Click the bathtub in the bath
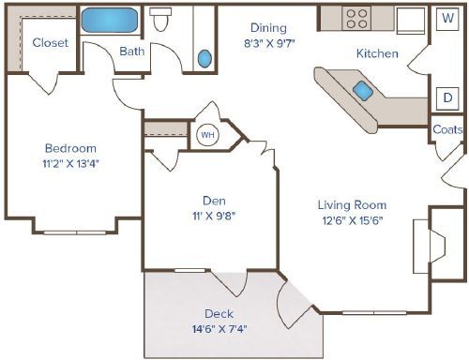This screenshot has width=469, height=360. pyautogui.click(x=110, y=20)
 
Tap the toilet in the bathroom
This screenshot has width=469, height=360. pyautogui.click(x=163, y=21)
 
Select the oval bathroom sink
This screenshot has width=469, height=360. pyautogui.click(x=205, y=58)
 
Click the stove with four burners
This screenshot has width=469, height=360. pyautogui.click(x=357, y=18)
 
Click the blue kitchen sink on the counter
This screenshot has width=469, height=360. pyautogui.click(x=362, y=90)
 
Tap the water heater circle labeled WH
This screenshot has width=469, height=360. pyautogui.click(x=205, y=135)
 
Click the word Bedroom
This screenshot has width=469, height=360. pyautogui.click(x=70, y=148)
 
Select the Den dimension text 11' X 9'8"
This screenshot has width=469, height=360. pyautogui.click(x=212, y=216)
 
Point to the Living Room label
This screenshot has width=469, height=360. pyautogui.click(x=351, y=205)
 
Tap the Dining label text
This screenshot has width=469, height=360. pyautogui.click(x=268, y=28)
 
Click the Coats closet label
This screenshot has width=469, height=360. pyautogui.click(x=447, y=129)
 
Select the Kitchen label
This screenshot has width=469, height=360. pyautogui.click(x=376, y=53)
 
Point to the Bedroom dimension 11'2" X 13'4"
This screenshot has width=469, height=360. pyautogui.click(x=70, y=164)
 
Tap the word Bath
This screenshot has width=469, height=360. pyautogui.click(x=131, y=51)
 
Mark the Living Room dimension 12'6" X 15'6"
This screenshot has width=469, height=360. pyautogui.click(x=351, y=221)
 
